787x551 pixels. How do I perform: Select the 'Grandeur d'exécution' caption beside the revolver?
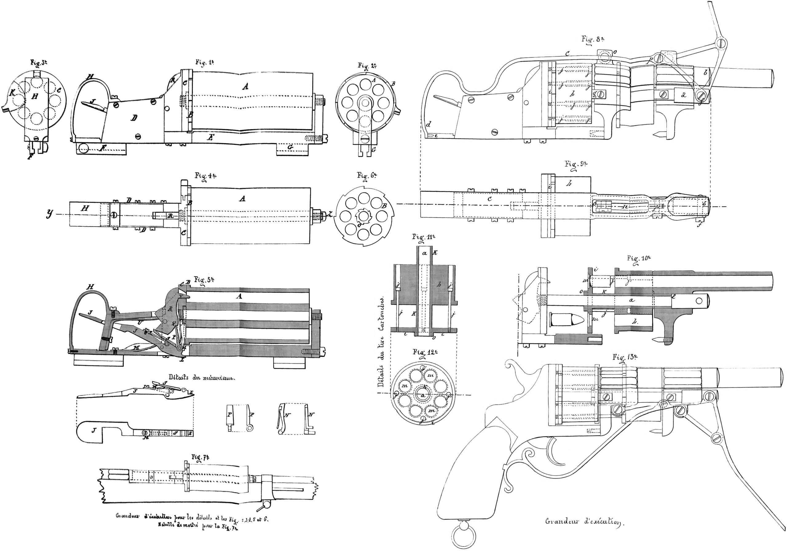583,522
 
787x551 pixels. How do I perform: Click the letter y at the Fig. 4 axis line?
50,214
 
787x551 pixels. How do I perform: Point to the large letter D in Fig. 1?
134,118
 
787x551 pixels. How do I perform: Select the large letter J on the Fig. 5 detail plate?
93,430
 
